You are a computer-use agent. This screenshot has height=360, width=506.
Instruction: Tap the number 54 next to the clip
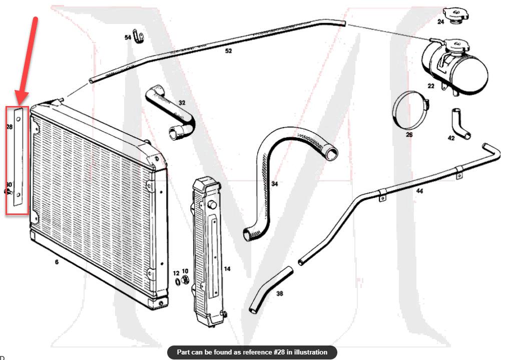(x=128, y=37)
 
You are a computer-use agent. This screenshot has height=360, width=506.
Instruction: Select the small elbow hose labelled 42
(x=458, y=122)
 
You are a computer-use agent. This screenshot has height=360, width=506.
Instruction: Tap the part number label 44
(x=419, y=191)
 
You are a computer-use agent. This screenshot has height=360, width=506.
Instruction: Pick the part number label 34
(x=274, y=184)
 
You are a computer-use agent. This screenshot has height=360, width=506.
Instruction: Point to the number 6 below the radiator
(x=56, y=261)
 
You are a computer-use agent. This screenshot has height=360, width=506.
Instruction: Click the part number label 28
(x=9, y=127)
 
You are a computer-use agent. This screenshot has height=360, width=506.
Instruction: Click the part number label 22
(x=431, y=86)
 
